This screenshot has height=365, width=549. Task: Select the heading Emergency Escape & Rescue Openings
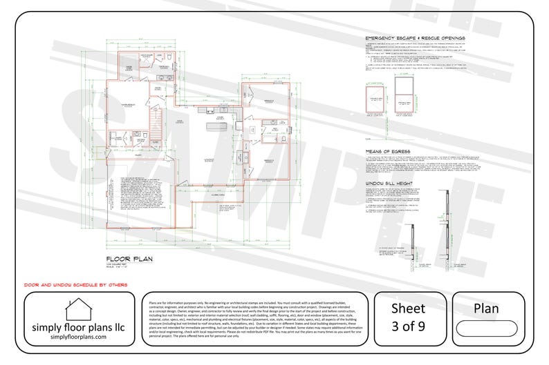(416, 39)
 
